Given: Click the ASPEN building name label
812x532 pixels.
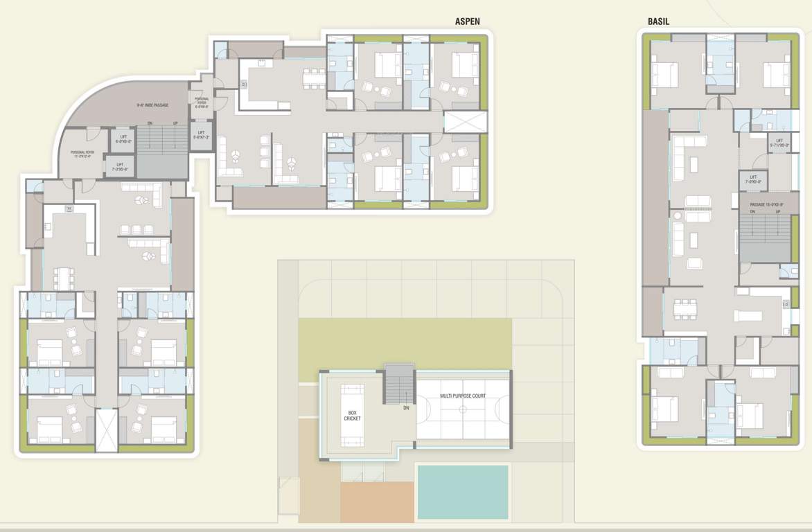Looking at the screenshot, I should [x=468, y=21].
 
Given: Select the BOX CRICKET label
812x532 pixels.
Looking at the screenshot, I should [x=353, y=415].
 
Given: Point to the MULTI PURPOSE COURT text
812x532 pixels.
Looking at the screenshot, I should [x=463, y=396].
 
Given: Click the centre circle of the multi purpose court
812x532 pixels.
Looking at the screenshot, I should [x=463, y=409].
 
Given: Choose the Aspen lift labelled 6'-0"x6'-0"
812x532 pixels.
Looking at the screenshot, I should [x=123, y=139].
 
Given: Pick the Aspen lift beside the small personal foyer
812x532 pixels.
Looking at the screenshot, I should [x=201, y=134].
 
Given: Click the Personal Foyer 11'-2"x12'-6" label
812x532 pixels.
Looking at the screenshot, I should [x=86, y=154].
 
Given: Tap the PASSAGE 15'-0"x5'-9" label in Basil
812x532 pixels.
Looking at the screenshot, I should [x=765, y=204].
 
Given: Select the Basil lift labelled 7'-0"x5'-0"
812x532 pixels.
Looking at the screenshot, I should [x=753, y=179].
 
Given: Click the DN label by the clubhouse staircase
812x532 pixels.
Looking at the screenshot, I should [x=406, y=408].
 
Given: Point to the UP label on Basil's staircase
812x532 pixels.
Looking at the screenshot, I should [x=779, y=212].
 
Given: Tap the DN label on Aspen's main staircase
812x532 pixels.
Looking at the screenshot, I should [x=150, y=124].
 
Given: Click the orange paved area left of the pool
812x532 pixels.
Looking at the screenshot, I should [x=378, y=502].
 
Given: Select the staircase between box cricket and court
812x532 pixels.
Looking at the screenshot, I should [x=398, y=384].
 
